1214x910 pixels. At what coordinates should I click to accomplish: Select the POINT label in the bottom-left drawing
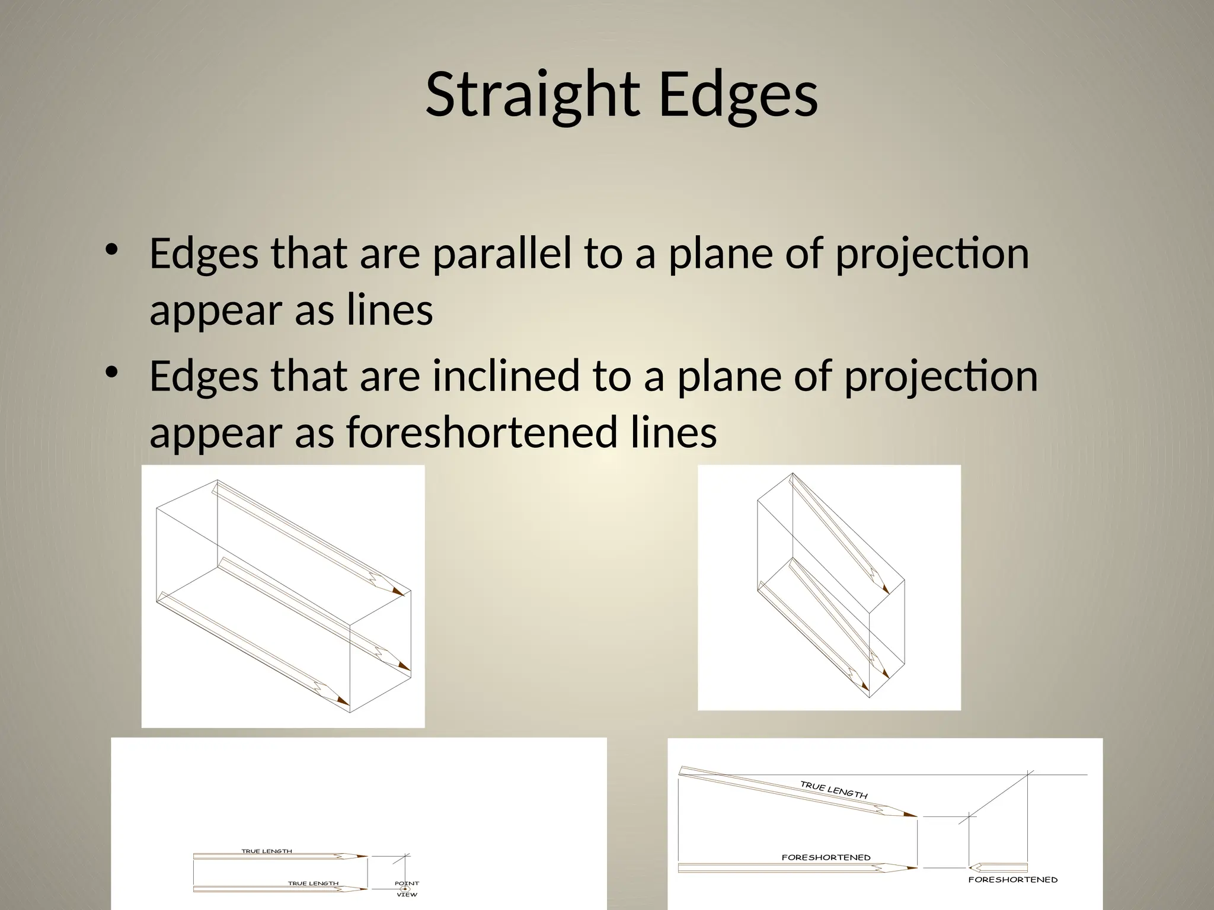tap(407, 883)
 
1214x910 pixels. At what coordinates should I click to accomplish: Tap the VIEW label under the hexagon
tap(407, 895)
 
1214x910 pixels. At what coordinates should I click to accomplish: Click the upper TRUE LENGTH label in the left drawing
tap(266, 851)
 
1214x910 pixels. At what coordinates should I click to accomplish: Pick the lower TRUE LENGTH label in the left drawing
tap(313, 883)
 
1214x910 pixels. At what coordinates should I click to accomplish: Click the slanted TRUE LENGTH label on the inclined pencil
tap(833, 790)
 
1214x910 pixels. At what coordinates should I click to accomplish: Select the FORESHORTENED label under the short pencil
tap(1012, 880)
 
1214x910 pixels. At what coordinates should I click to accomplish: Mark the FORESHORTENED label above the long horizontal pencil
tap(826, 857)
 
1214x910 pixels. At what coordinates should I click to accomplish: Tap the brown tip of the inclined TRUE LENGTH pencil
tap(910, 815)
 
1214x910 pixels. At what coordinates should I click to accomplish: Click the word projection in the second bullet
tap(941, 376)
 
